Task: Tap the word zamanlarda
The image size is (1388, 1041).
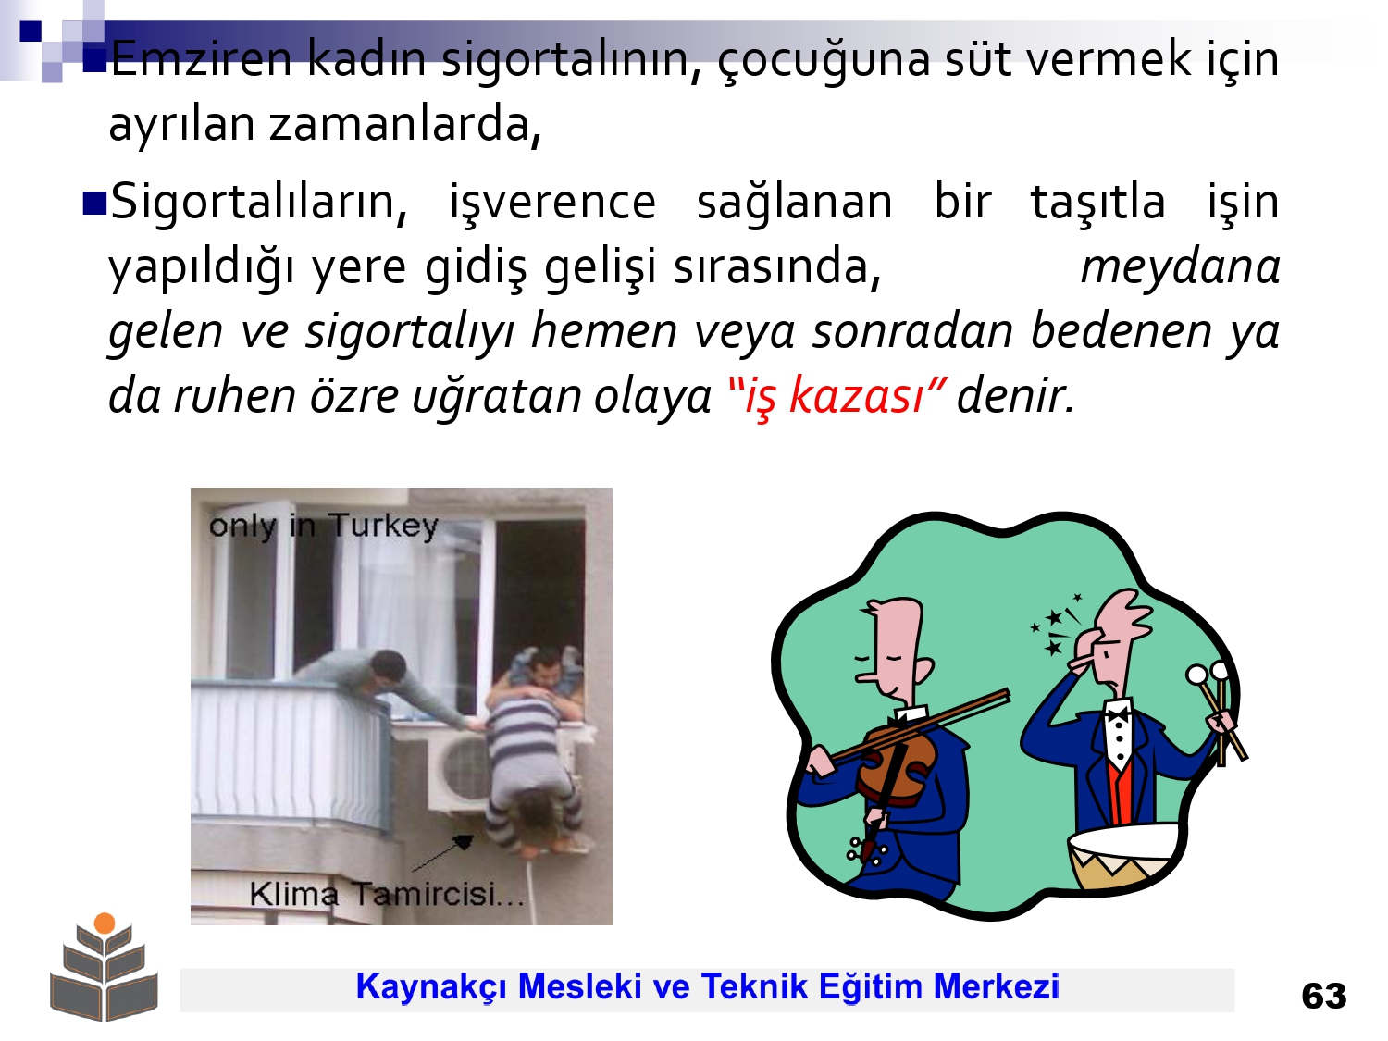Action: [x=405, y=123]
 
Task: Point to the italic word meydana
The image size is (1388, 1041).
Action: [x=1181, y=266]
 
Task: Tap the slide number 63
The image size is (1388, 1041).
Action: [x=1323, y=997]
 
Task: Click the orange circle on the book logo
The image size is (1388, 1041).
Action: [x=105, y=923]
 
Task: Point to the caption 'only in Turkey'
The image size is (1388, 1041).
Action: [x=323, y=526]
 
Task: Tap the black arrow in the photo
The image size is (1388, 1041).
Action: [x=442, y=852]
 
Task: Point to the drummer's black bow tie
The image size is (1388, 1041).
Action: [x=1118, y=714]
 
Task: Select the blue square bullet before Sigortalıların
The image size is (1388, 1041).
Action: [x=95, y=204]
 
